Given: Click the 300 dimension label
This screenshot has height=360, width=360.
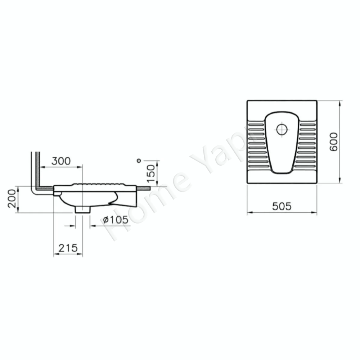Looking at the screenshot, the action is tap(61, 161).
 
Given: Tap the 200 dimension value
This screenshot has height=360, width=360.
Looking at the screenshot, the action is tap(12, 199).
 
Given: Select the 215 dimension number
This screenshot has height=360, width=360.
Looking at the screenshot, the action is tap(68, 248).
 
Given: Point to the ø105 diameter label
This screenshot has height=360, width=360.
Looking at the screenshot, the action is tap(116, 220).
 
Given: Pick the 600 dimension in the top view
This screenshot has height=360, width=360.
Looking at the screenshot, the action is tap(334, 141).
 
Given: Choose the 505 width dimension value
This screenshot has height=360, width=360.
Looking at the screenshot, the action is tap(282, 206).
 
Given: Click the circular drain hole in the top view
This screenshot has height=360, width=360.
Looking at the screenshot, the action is tap(282, 129).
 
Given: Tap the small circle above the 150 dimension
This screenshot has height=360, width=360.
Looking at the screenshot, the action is tap(139, 161).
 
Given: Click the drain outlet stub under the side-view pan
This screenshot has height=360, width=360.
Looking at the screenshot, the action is tap(82, 210).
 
